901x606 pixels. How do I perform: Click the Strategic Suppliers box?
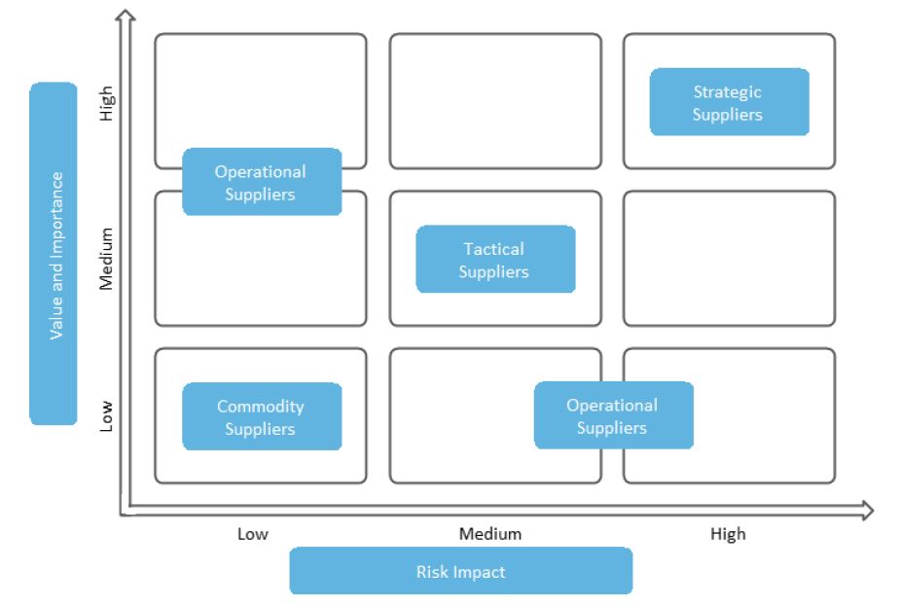pos(729,102)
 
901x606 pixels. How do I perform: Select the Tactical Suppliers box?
pos(495,260)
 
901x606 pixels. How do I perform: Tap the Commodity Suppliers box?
pos(262,417)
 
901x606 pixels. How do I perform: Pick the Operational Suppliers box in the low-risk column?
pos(262,182)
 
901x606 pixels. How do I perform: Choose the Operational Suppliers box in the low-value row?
pos(613,415)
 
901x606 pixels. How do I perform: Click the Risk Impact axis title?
pos(460,571)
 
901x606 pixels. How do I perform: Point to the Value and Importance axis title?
pos(54,254)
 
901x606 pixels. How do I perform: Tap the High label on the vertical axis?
pos(106,102)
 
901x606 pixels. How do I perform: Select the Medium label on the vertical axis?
pos(106,259)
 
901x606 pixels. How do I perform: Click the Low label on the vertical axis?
pos(106,415)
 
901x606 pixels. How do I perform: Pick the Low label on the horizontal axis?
pos(253,534)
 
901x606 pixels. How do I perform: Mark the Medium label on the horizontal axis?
pos(490,534)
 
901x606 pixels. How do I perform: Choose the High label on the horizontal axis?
pos(728,534)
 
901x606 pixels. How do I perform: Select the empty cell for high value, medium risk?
pos(495,101)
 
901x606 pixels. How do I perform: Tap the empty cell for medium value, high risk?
pos(729,259)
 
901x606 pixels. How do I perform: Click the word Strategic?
pos(727,92)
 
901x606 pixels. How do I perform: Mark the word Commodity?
pos(260,407)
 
